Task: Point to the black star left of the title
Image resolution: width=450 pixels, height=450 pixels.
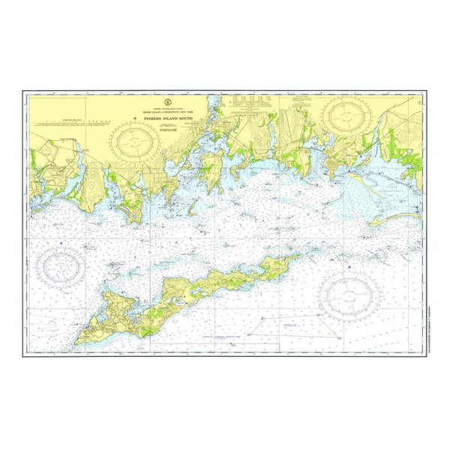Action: point(136,118)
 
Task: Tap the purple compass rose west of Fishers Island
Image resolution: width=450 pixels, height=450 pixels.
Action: point(63,267)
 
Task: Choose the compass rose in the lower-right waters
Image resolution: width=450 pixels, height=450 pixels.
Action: point(349,292)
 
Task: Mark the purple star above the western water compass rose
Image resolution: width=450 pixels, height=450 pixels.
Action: point(60,243)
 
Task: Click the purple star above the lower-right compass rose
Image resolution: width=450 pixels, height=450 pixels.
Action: point(348,265)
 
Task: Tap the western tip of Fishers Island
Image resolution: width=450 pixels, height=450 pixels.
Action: point(76,341)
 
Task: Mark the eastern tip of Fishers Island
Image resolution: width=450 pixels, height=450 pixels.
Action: point(300,254)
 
